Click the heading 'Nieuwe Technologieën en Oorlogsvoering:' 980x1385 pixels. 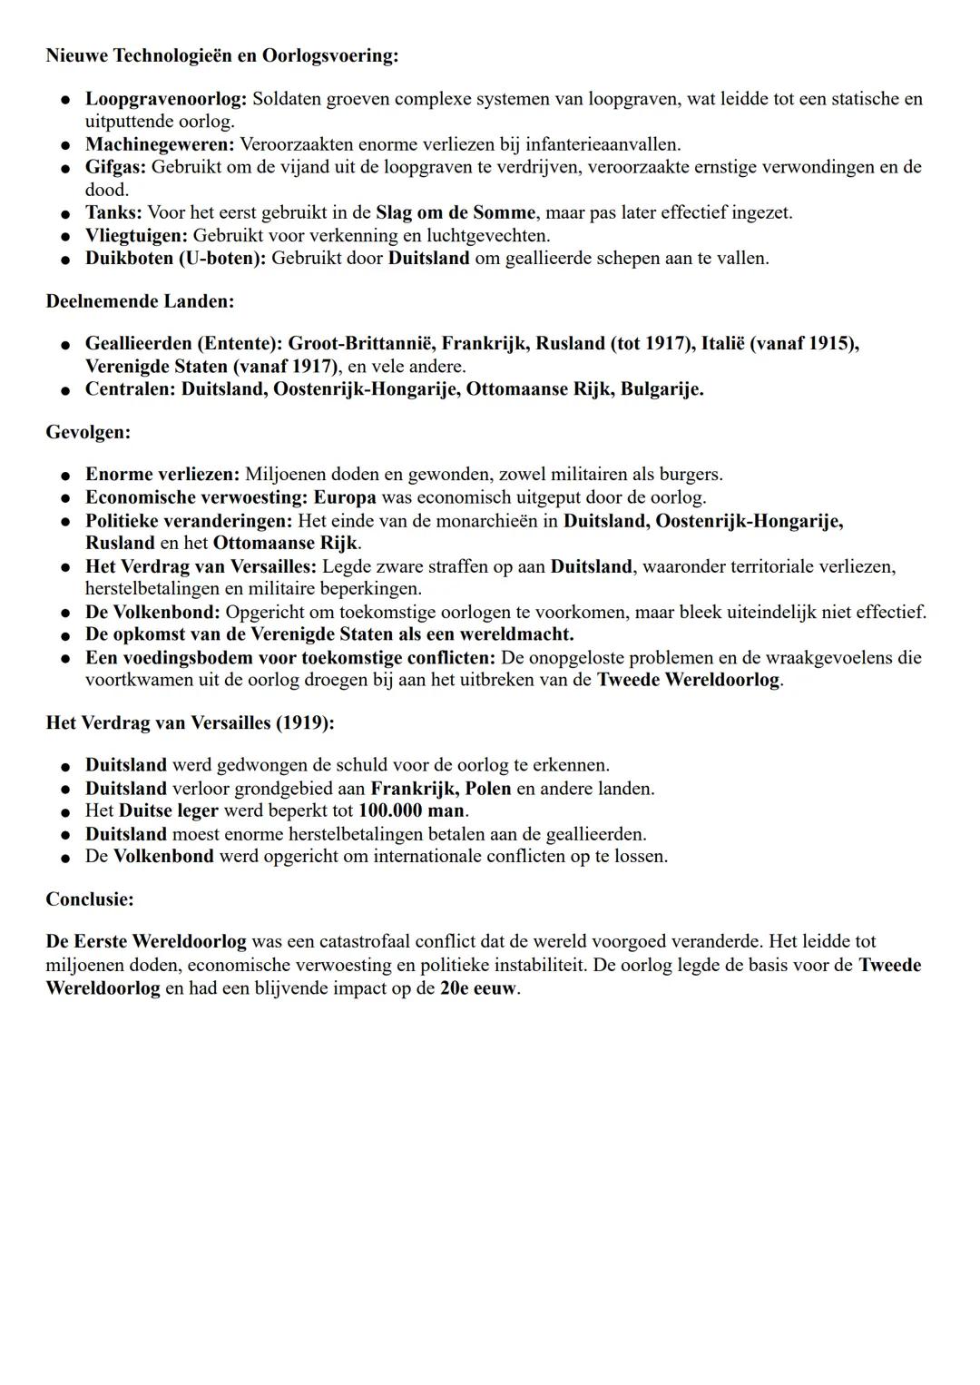tap(221, 55)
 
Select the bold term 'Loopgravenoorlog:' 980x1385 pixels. tap(166, 98)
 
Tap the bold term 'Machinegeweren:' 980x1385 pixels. tap(160, 144)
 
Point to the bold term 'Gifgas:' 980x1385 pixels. tap(115, 167)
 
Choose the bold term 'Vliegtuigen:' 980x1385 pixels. tap(136, 235)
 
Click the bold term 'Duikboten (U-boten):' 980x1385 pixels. tap(175, 258)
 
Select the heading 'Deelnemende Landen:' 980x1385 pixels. tap(140, 300)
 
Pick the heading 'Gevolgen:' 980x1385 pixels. tap(88, 432)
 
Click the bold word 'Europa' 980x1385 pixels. tap(345, 497)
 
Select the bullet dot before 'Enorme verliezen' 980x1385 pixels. tap(66, 475)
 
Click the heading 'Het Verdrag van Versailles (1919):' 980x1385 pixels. tap(190, 722)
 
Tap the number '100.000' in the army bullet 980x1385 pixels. tap(392, 810)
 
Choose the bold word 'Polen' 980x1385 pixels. tap(488, 788)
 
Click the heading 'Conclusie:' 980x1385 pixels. tap(90, 899)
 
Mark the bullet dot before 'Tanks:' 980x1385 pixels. tap(66, 213)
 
